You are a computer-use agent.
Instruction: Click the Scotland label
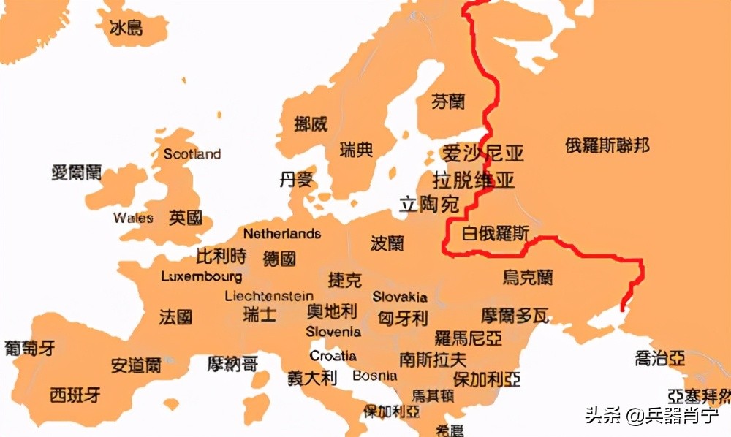tap(192, 154)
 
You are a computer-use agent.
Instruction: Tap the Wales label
tap(133, 218)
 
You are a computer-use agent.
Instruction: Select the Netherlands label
tap(282, 234)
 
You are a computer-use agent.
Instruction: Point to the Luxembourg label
tap(202, 277)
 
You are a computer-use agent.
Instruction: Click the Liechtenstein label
tap(269, 296)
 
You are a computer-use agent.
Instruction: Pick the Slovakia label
tap(400, 297)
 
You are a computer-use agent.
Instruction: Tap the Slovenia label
tap(333, 332)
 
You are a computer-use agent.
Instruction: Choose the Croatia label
tap(333, 356)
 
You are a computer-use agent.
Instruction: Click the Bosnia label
tap(375, 376)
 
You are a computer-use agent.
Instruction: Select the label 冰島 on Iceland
tap(126, 28)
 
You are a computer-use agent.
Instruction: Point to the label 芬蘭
tap(448, 102)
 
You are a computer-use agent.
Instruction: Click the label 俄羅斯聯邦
tap(607, 145)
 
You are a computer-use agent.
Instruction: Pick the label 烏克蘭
tap(528, 277)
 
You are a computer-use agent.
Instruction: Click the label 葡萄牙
tap(29, 348)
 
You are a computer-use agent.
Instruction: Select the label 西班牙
tap(75, 395)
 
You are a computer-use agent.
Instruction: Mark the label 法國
tap(176, 317)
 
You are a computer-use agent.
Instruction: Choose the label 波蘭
tap(387, 243)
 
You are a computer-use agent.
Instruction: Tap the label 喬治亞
tap(660, 357)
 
